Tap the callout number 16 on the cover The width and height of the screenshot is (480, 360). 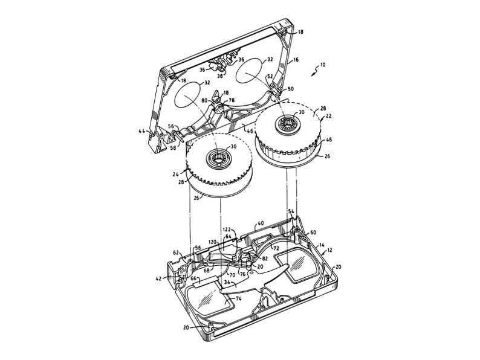point(296,60)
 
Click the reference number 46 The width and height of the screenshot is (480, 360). point(248,128)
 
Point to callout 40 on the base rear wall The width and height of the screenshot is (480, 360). point(261,223)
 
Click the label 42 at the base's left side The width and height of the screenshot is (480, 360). point(158,279)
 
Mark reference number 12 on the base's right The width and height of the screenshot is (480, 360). point(330,250)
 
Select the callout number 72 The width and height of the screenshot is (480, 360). point(276,248)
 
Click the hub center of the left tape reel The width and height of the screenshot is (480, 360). point(218,159)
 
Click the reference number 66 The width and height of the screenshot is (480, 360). point(194,278)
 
